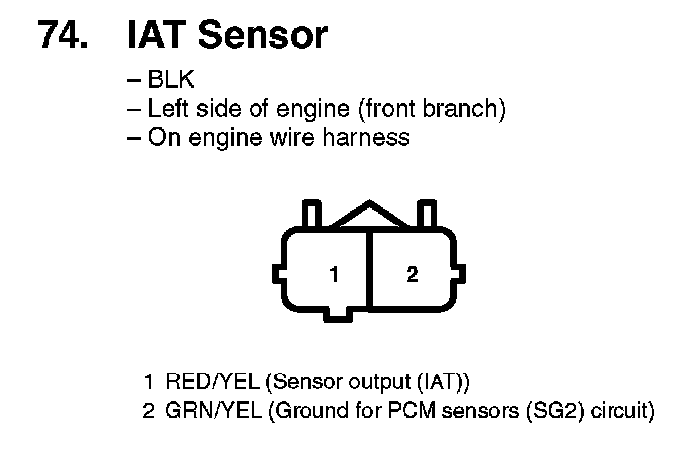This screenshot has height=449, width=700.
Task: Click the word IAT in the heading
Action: (158, 35)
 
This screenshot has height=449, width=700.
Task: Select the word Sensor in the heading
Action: (262, 35)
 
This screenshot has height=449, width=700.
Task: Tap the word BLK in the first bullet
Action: (170, 80)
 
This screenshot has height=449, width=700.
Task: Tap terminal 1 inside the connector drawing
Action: (336, 274)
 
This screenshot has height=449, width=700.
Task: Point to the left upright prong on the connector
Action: (310, 215)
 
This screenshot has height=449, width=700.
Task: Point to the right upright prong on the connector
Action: (429, 215)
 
